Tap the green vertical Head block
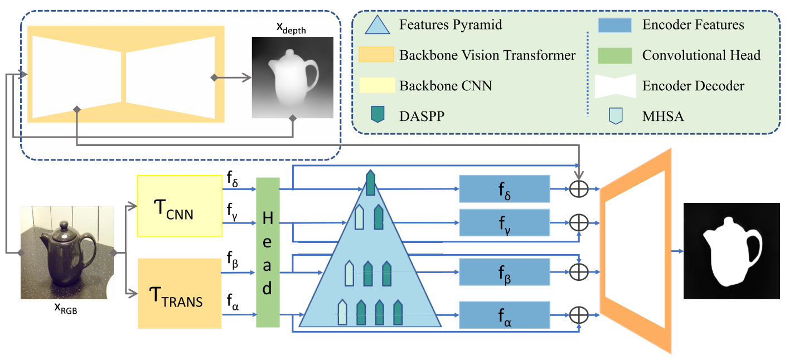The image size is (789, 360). [x=267, y=252]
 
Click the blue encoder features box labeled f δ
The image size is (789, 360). [x=504, y=188]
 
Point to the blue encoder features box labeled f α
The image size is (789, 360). [x=504, y=315]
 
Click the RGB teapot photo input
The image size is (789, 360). [x=67, y=252]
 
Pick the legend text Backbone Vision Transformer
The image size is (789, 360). [x=487, y=55]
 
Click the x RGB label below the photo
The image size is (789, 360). [x=66, y=309]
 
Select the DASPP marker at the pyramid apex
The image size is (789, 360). [x=370, y=183]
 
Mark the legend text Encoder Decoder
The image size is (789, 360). [x=693, y=85]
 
